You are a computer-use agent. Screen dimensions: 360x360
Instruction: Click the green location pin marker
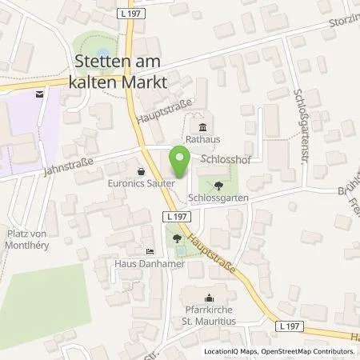tap(179, 163)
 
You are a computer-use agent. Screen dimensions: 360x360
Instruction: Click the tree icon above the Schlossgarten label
tap(219, 183)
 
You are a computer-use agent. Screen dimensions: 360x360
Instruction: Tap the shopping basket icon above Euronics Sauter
tap(142, 170)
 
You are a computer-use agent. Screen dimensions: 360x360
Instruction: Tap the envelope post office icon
tap(39, 94)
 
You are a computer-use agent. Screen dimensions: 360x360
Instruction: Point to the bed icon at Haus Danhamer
tap(150, 251)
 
